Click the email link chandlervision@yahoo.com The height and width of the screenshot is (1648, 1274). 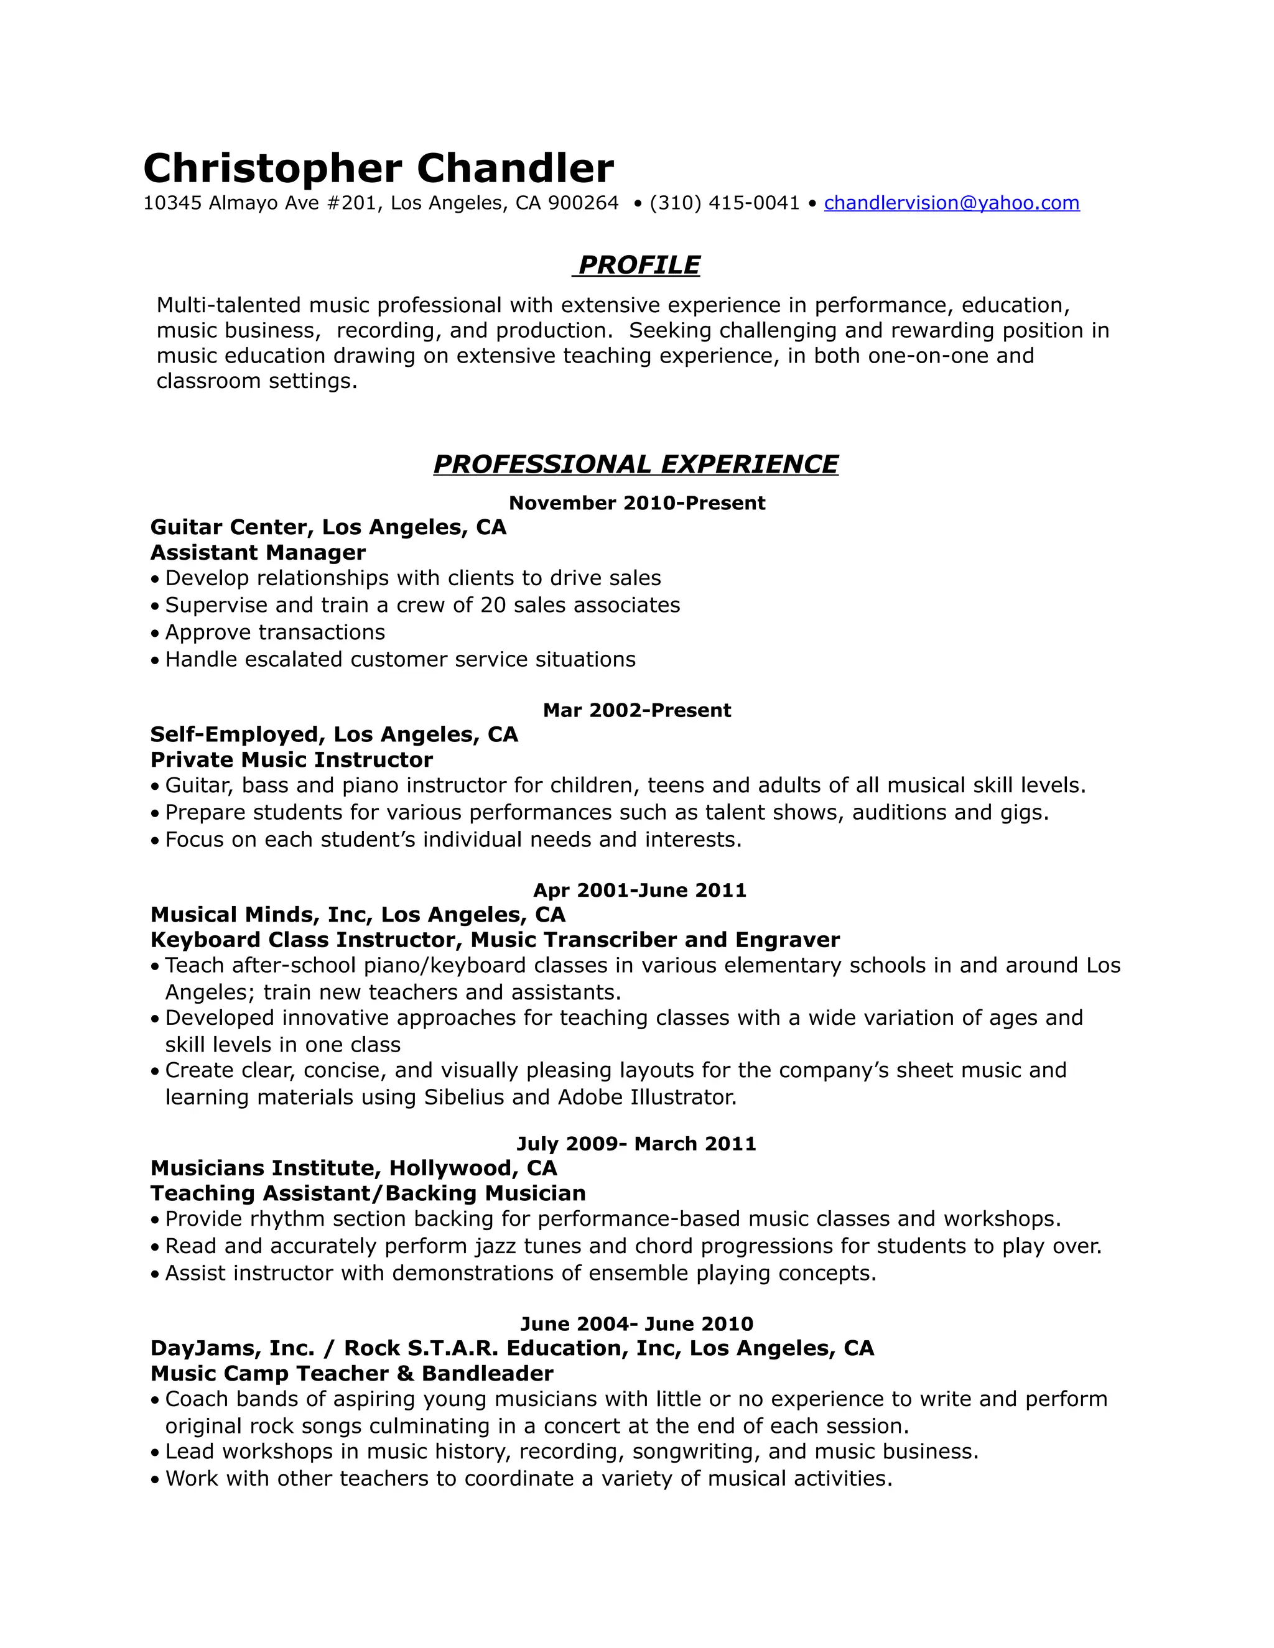tap(951, 203)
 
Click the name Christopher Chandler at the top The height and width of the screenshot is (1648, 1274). tap(378, 169)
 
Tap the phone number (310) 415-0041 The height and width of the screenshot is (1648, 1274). tap(724, 203)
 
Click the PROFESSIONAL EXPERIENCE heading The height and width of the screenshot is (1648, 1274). tap(636, 464)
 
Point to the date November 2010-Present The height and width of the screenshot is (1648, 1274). tap(637, 503)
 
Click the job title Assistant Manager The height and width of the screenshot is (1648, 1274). tap(258, 552)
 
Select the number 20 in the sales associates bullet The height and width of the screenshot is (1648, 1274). tap(493, 605)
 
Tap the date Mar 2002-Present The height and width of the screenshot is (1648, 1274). tap(637, 710)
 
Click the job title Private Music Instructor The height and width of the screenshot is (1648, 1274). tap(291, 759)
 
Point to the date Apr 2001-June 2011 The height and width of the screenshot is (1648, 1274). tap(639, 891)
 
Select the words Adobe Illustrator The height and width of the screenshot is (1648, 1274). tap(646, 1096)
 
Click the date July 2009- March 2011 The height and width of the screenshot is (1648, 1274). tap(636, 1144)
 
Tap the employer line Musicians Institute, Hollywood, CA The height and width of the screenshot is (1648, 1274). tap(353, 1168)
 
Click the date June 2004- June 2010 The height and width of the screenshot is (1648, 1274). tap(636, 1323)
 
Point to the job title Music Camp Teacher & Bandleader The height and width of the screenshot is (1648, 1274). tap(351, 1373)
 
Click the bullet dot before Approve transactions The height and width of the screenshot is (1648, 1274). tap(155, 633)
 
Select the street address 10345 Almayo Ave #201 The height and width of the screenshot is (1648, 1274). tap(261, 203)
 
